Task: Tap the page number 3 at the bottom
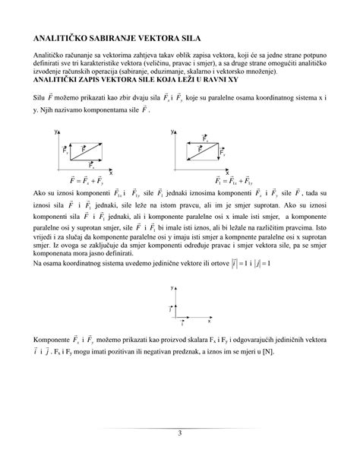180,433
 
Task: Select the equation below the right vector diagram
201,181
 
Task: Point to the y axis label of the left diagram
56,132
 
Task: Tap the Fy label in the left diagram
66,151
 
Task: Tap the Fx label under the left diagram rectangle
92,165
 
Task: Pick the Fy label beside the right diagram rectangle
222,152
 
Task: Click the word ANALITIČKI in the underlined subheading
55,78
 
